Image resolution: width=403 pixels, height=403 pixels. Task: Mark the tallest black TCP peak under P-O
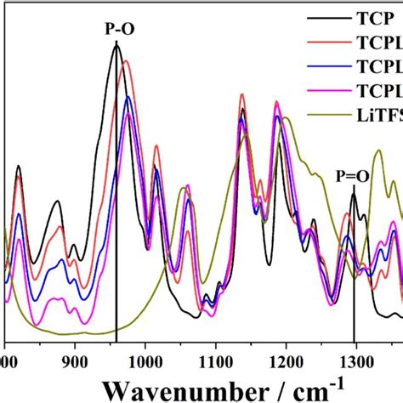click(116, 45)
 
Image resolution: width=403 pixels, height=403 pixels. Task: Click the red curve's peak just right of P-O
click(127, 61)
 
